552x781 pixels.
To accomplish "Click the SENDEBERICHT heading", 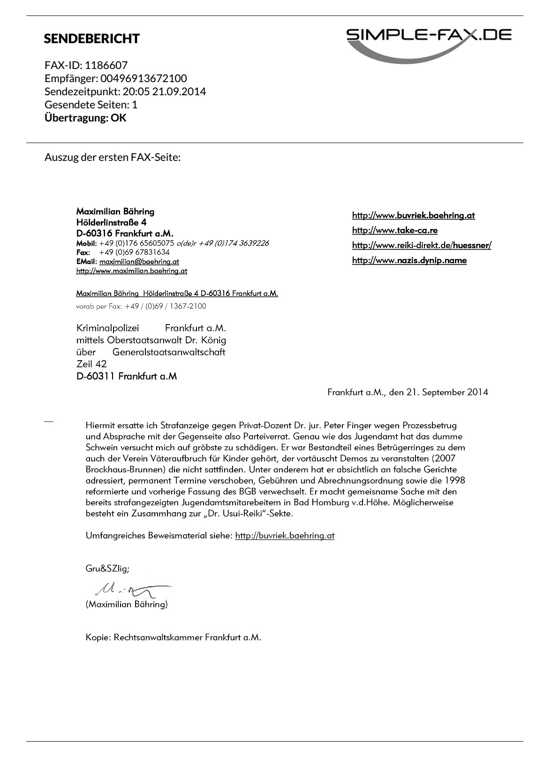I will [91, 39].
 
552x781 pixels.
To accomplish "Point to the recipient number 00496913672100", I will [144, 78].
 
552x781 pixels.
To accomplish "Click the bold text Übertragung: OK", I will [85, 118].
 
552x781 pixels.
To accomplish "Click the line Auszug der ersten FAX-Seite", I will [113, 157].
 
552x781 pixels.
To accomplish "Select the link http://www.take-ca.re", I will [394, 230].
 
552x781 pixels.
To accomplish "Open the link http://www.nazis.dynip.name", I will [409, 260].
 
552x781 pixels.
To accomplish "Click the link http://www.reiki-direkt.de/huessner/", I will [421, 245].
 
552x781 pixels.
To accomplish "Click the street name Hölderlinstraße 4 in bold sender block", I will [111, 222].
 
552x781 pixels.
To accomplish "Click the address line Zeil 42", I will [91, 364].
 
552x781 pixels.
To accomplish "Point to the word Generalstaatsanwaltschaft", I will [169, 352].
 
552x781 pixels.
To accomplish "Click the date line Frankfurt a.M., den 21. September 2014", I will [407, 392].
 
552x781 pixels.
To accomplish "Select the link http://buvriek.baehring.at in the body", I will [284, 536].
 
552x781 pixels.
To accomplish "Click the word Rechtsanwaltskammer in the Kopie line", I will [158, 637].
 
